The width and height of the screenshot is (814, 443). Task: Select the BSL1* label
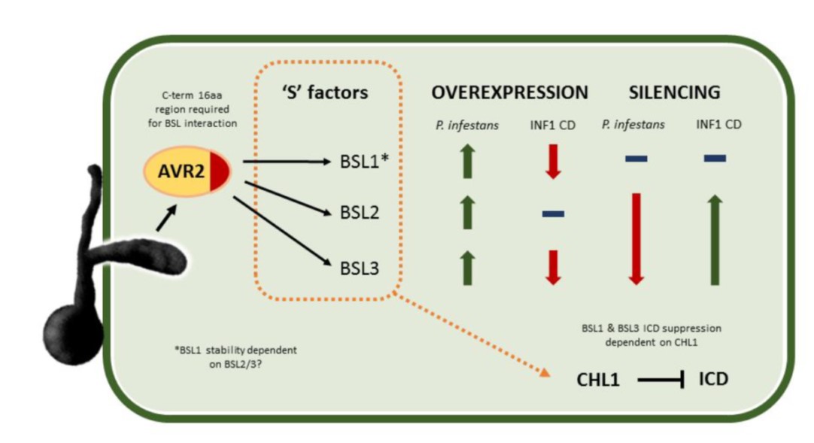pos(363,161)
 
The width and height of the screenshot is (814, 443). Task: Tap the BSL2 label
pos(359,214)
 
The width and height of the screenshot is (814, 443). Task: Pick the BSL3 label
pos(359,267)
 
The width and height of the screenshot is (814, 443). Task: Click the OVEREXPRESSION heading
pos(509,93)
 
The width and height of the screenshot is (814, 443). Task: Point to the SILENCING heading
pos(674,93)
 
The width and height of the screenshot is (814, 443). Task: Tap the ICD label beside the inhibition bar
pos(713,379)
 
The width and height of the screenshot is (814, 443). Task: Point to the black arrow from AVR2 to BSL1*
pos(286,161)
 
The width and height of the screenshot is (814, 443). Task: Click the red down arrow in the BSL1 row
pos(553,160)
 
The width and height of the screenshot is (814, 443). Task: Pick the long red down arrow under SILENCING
pos(636,238)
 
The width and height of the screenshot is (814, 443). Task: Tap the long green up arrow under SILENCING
pos(715,239)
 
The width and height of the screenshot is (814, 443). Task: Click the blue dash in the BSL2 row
pos(553,214)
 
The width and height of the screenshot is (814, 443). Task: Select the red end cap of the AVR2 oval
pos(220,171)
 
